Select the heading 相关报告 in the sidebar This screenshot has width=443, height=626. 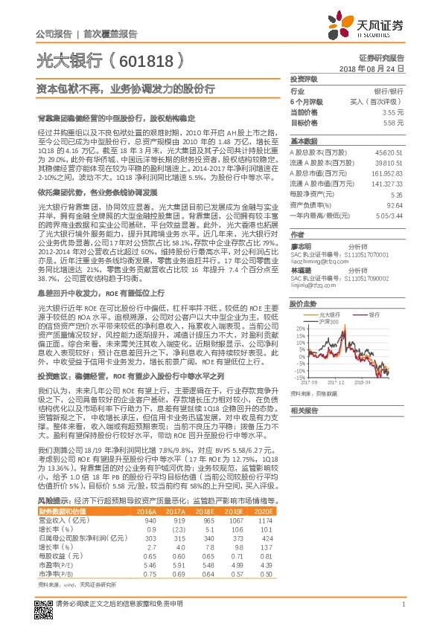(304, 411)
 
